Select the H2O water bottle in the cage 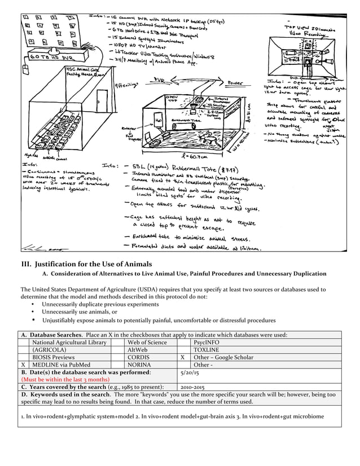click(160, 122)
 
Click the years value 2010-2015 click(193, 387)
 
